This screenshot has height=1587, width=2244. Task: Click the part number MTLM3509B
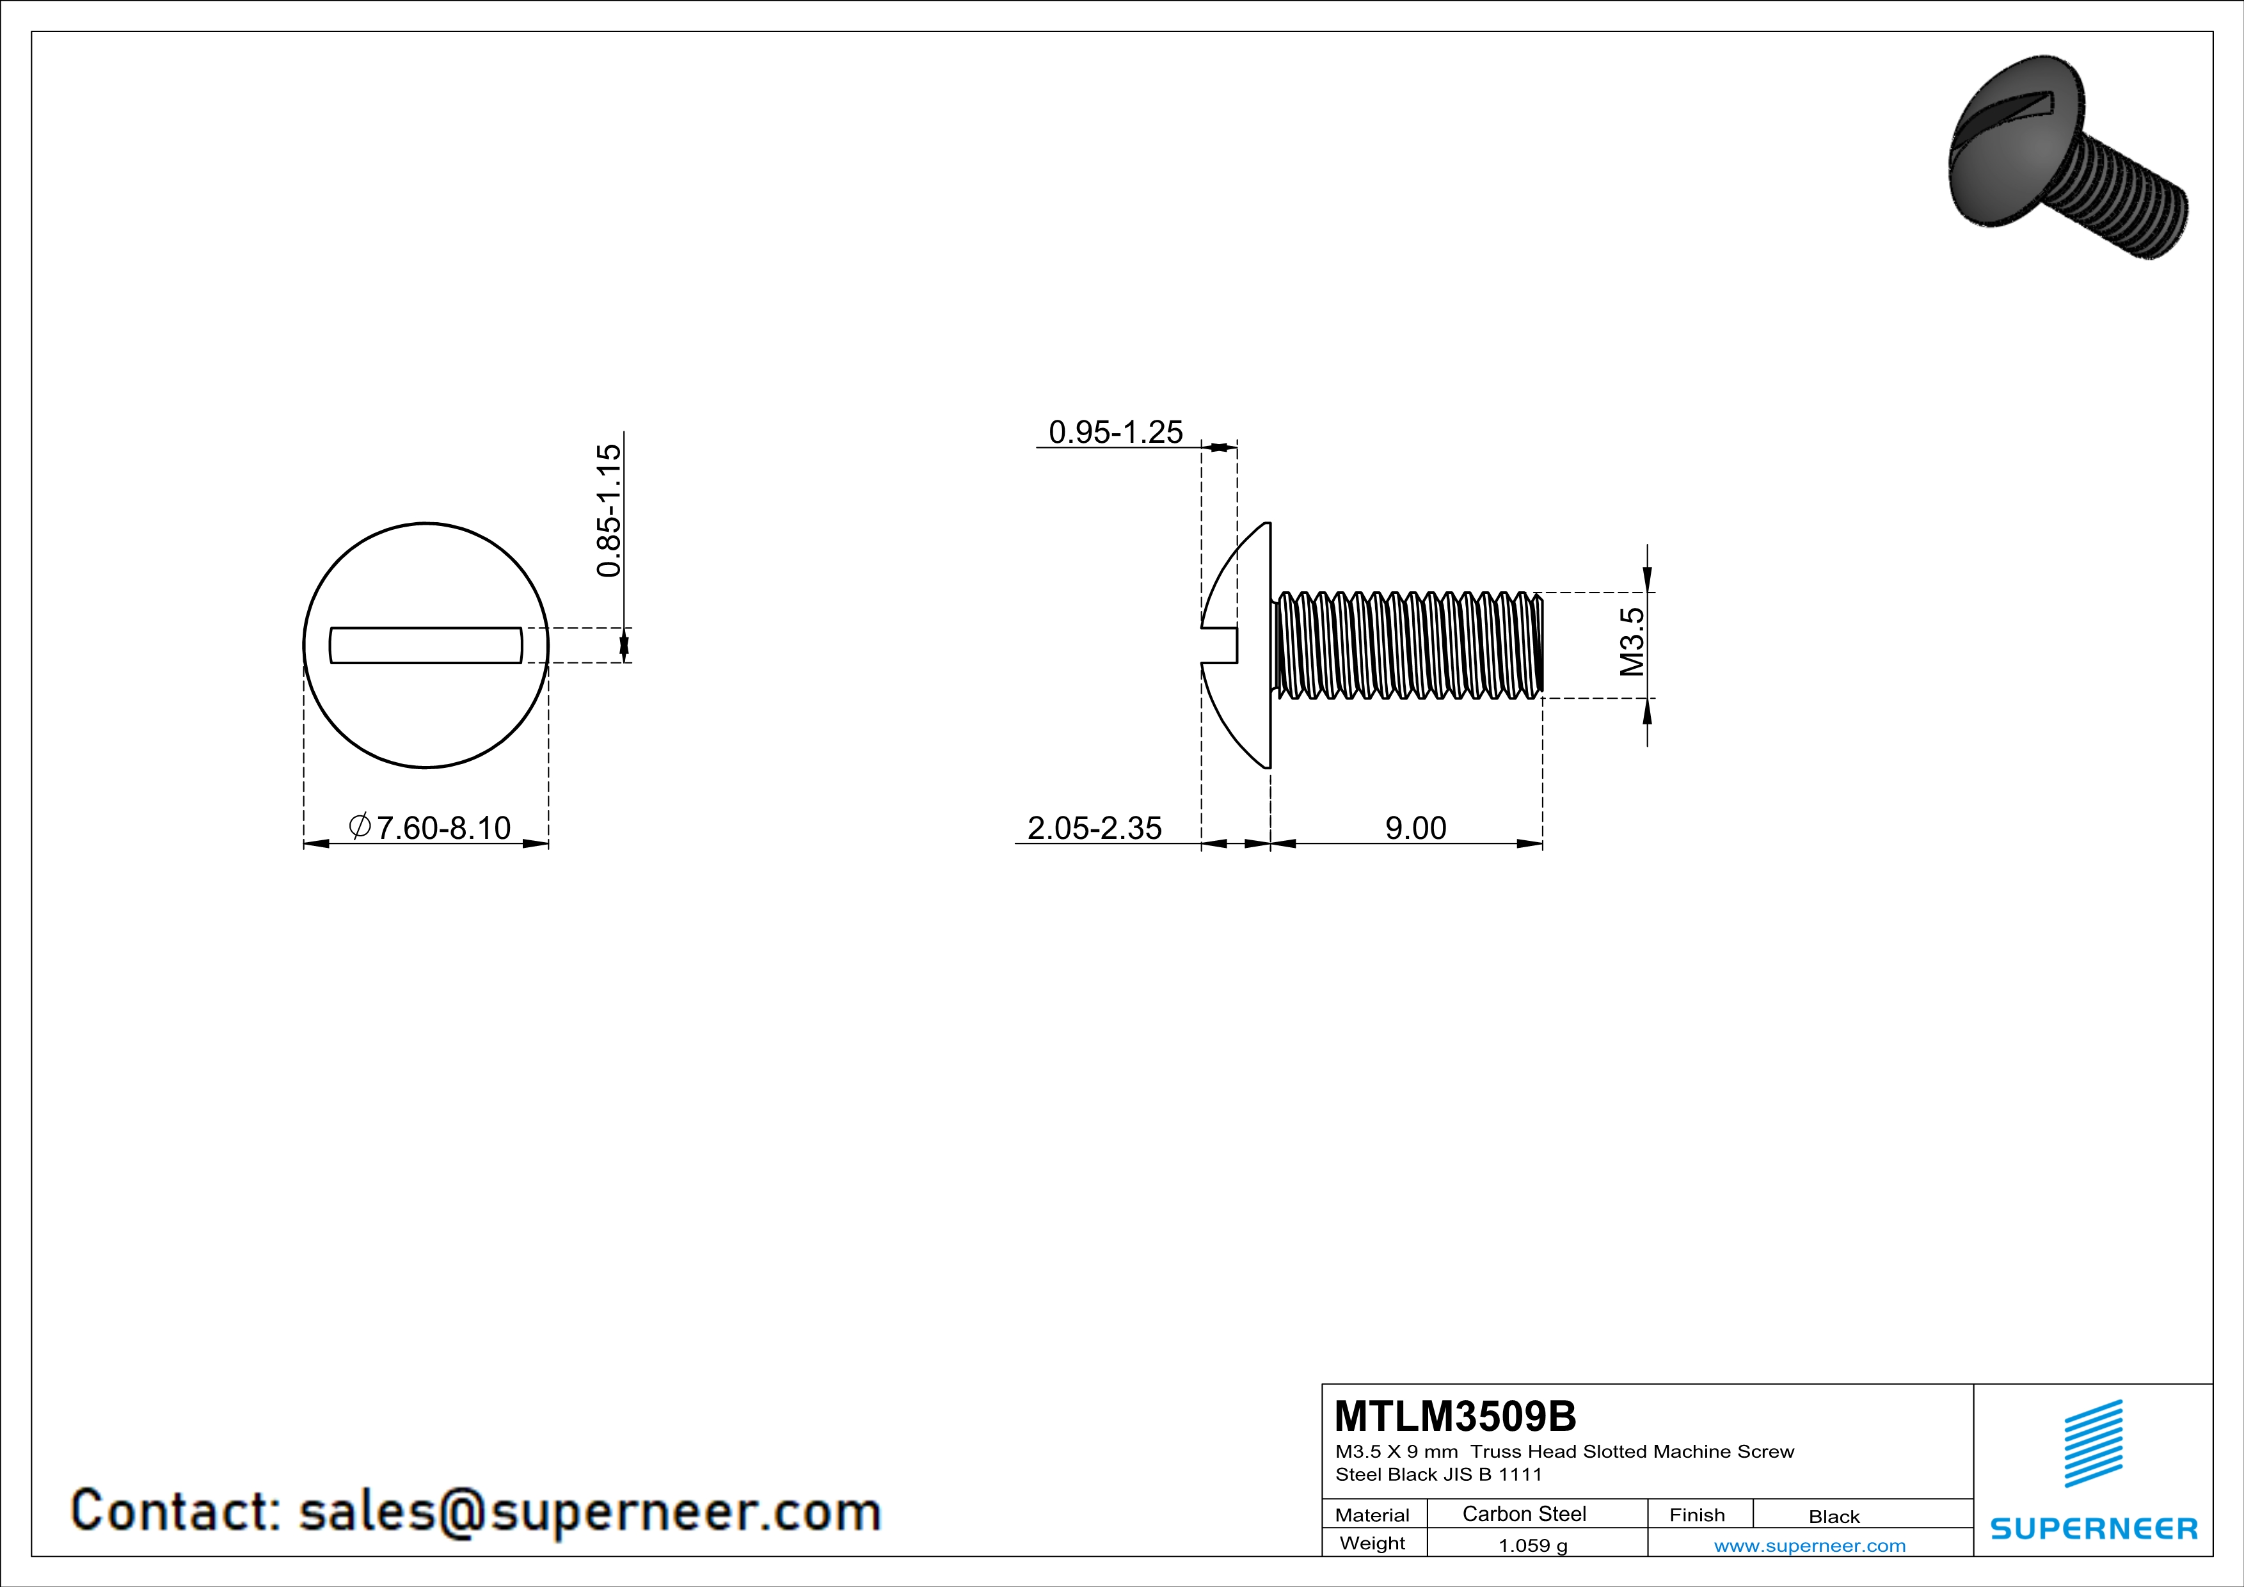tap(1454, 1416)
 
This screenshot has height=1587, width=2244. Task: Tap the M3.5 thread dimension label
tap(1631, 641)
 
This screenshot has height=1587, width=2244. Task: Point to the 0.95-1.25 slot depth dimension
tap(1115, 432)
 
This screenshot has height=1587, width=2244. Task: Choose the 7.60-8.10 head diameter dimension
tap(430, 827)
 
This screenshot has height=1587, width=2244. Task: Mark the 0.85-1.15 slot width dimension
tap(608, 509)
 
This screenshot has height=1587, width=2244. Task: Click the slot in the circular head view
tap(426, 645)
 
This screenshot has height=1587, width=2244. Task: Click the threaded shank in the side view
tap(1408, 645)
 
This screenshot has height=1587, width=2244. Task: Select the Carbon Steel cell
tap(1524, 1513)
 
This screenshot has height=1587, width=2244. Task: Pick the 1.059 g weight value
tap(1532, 1545)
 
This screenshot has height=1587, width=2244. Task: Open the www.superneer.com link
tap(1809, 1545)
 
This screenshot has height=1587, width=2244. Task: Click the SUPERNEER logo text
tap(2094, 1528)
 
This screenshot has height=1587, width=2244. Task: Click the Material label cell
tap(1373, 1515)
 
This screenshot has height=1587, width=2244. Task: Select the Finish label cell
tap(1697, 1515)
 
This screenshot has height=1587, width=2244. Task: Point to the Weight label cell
tap(1373, 1543)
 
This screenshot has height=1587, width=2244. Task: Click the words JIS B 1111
tap(1492, 1474)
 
